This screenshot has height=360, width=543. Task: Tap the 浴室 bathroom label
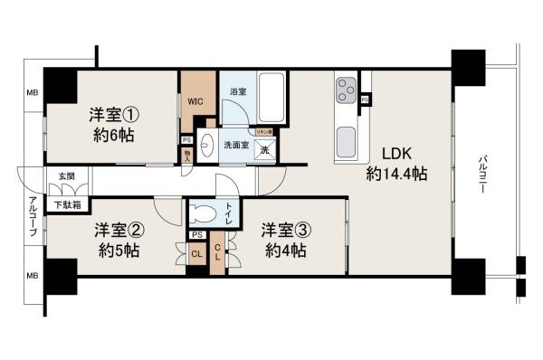click(x=238, y=92)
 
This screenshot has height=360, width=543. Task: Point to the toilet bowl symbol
click(x=206, y=215)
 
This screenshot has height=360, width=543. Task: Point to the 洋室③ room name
click(x=283, y=228)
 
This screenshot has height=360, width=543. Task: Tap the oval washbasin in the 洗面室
click(x=205, y=143)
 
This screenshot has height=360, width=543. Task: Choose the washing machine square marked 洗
click(x=265, y=150)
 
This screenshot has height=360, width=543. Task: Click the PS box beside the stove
click(x=364, y=99)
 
